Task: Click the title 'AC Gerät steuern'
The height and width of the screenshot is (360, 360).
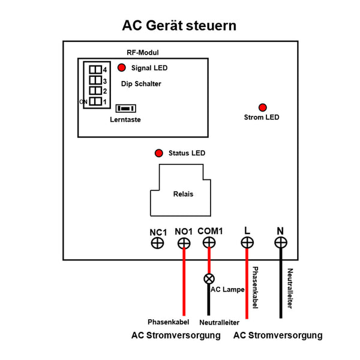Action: point(179,26)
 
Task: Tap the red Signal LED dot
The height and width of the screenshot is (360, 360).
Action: point(122,68)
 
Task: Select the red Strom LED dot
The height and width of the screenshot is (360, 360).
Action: point(262,106)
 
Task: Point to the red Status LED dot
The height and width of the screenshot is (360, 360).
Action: point(159,153)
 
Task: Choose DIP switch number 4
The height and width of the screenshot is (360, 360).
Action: point(95,70)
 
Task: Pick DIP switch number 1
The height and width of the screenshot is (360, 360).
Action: point(95,101)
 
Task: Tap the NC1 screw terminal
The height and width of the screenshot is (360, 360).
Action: point(157,243)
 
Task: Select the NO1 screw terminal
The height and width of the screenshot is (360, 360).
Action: point(184,243)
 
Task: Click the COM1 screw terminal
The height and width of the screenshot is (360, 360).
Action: point(209,243)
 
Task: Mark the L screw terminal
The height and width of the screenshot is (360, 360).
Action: point(247,243)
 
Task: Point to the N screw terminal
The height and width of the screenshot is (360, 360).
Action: point(280,243)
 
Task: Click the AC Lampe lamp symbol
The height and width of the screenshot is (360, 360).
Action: point(209,278)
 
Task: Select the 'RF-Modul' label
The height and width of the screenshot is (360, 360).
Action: point(143,53)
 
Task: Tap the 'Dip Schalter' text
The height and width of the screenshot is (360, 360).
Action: point(141,84)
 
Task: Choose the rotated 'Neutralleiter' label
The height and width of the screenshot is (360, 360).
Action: point(290,289)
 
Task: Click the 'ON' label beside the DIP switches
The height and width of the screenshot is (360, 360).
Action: point(83,102)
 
